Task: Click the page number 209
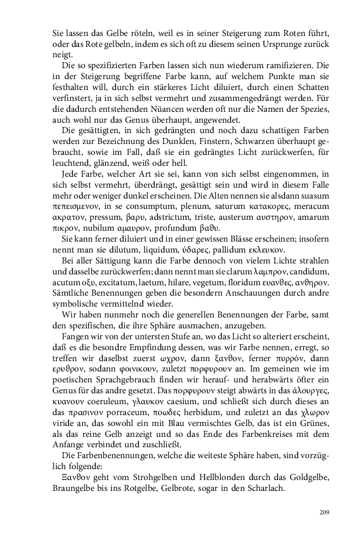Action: click(323, 512)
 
